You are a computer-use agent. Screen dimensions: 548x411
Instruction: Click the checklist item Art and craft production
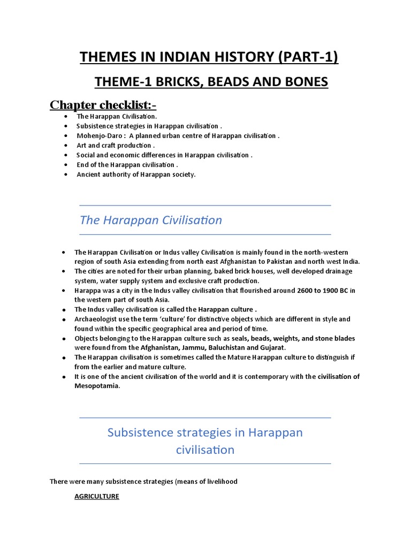pos(116,145)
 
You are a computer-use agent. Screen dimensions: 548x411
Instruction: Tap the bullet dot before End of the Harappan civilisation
pos(65,165)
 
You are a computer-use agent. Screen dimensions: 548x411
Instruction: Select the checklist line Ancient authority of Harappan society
pos(136,174)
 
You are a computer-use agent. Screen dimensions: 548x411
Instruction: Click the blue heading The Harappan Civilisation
pos(150,220)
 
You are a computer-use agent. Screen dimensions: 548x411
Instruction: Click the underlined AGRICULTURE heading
pos(96,497)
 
